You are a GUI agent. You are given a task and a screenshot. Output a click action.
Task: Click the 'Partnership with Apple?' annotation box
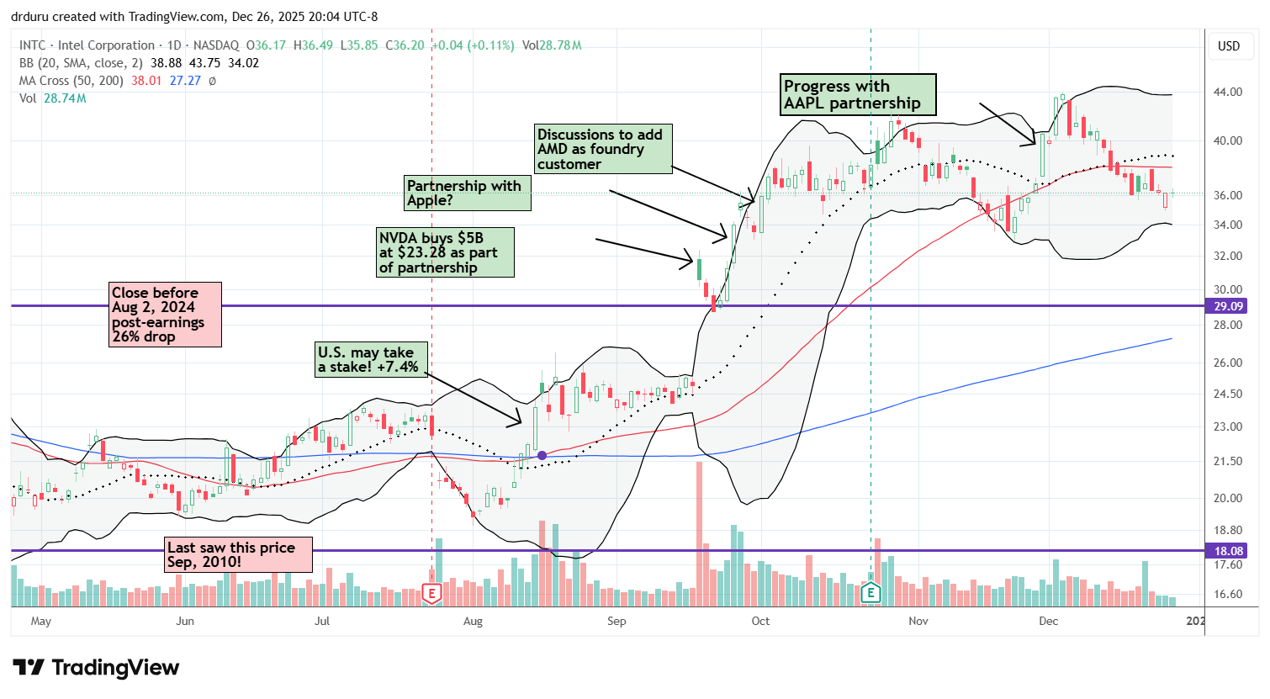click(x=468, y=193)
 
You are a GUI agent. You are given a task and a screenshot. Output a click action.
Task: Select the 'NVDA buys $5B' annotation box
click(x=445, y=252)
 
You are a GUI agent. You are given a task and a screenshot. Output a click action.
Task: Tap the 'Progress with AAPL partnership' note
click(x=857, y=94)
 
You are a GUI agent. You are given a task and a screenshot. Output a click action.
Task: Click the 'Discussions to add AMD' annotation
click(x=603, y=149)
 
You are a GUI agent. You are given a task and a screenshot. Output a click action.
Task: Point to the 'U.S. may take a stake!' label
click(x=370, y=359)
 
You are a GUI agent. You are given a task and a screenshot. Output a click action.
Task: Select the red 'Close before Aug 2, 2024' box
click(x=166, y=315)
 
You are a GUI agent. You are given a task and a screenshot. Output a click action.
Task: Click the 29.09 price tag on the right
click(x=1229, y=306)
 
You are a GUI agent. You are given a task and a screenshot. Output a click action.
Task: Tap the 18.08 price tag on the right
click(x=1229, y=551)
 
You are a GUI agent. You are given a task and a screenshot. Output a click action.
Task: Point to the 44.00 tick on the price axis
click(x=1229, y=92)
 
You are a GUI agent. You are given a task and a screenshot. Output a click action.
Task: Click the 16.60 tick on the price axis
click(x=1229, y=594)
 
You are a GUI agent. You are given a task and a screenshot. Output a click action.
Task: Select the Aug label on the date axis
click(x=473, y=622)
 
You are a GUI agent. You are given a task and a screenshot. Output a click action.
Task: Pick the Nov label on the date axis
click(x=918, y=622)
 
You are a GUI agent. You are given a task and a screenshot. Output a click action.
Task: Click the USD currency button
click(x=1229, y=46)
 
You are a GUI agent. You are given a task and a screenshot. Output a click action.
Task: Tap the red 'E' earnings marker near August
click(x=431, y=593)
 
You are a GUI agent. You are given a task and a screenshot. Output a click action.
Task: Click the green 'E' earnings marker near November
click(x=870, y=593)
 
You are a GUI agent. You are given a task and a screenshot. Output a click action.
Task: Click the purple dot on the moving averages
click(x=542, y=455)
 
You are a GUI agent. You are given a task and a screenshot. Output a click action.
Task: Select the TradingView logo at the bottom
click(x=96, y=668)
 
